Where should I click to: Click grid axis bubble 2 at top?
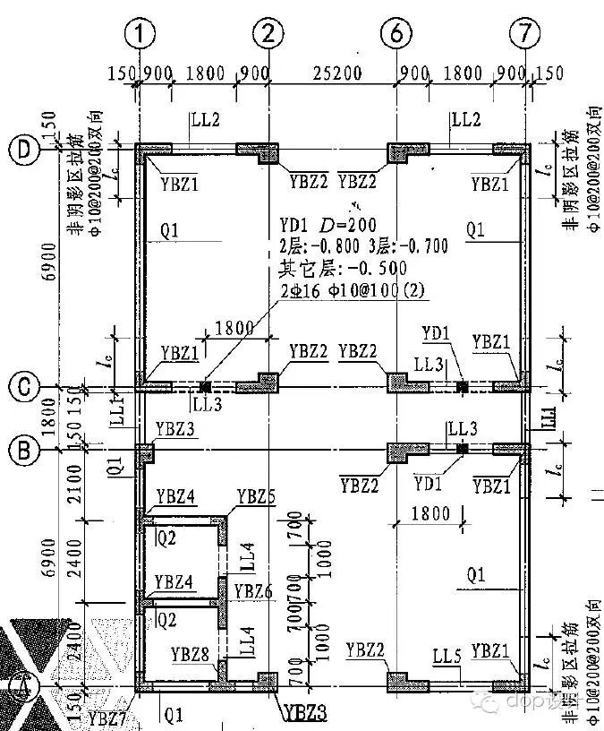coord(268,36)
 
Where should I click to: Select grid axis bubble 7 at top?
coord(524,36)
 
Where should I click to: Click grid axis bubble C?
coord(21,387)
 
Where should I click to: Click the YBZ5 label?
coord(256,497)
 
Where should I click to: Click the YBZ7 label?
coord(105,717)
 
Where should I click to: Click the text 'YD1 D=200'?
coord(328,223)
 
